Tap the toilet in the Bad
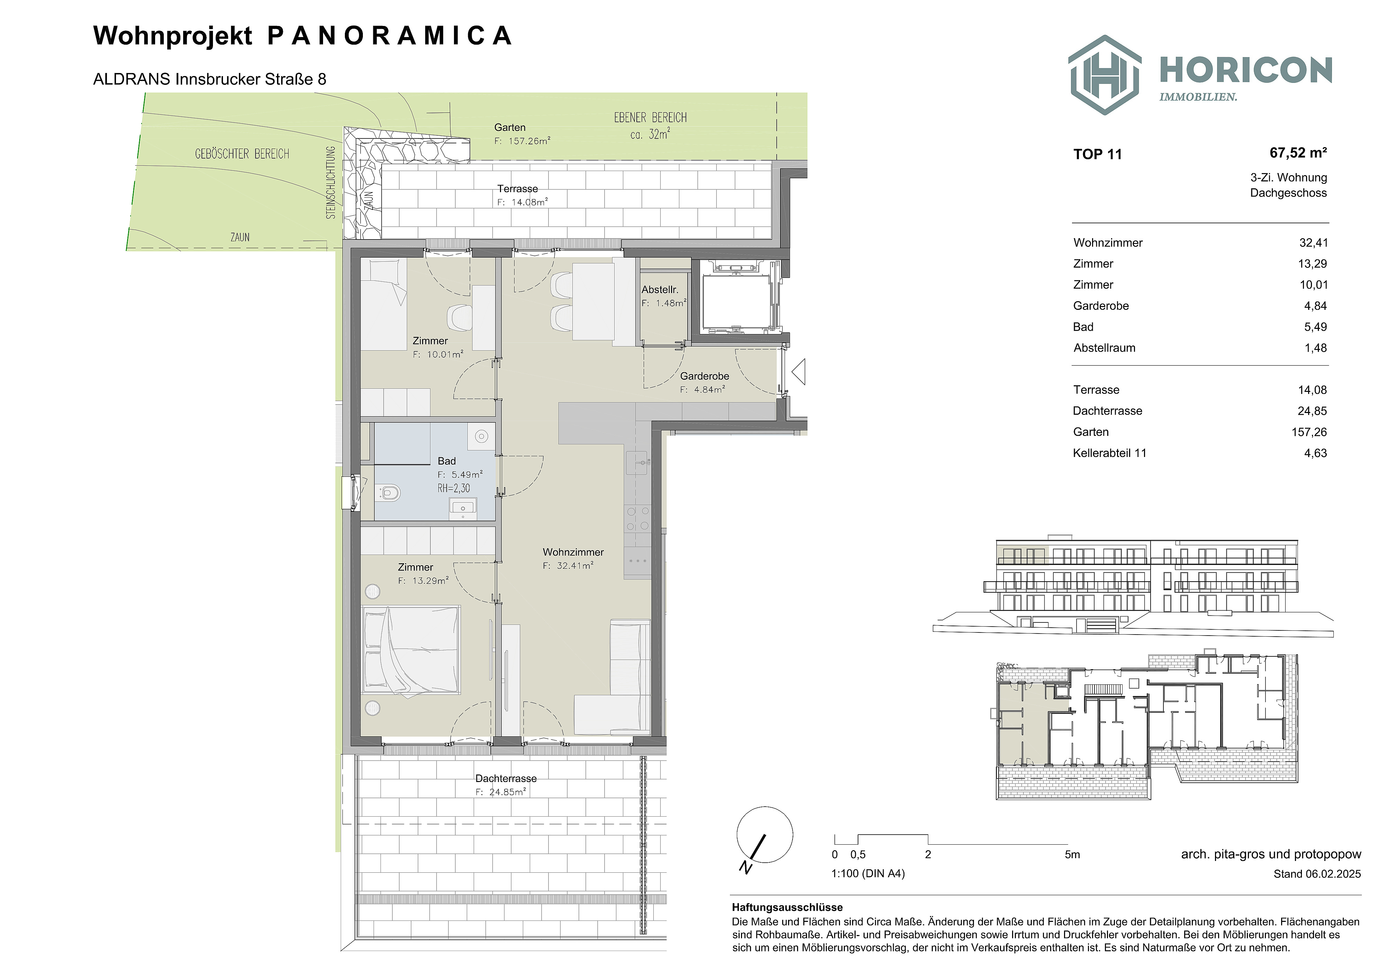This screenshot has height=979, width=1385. coord(389,493)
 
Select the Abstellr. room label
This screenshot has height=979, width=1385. coord(660,289)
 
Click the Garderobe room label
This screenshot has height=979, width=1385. coord(705,376)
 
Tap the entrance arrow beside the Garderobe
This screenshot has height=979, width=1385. coord(799,371)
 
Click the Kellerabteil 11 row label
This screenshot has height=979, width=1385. coord(1109,453)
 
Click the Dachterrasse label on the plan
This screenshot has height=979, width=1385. coord(506,778)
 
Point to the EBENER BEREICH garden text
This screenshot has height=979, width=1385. coord(650,118)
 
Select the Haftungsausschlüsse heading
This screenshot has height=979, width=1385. coord(787,907)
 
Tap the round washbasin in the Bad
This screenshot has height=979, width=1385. coord(481,436)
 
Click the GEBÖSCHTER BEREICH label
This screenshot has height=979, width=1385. coord(242,154)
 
